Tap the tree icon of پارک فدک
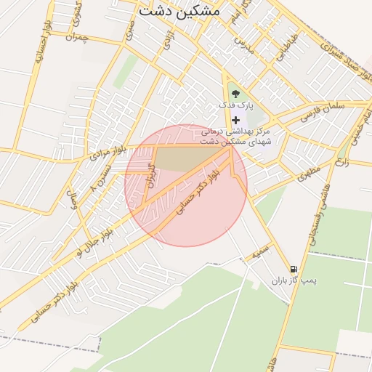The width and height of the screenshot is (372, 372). (x=235, y=94)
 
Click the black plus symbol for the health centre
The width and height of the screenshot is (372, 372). (x=235, y=119)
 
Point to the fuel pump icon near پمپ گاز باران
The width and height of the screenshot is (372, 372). (x=294, y=268)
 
